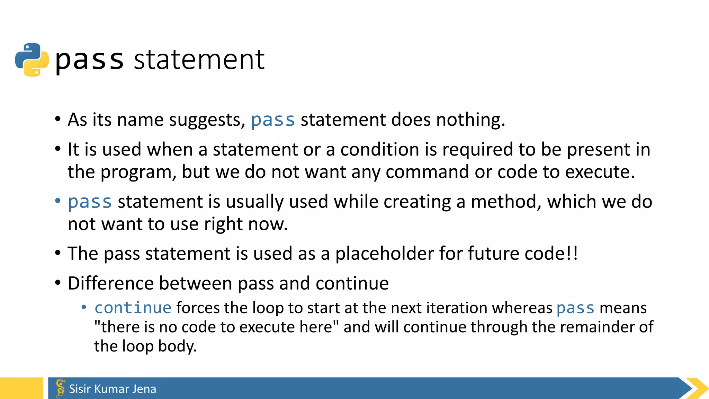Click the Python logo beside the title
tap(32, 60)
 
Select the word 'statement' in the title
tap(199, 60)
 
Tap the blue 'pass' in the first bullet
tap(273, 120)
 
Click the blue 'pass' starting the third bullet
tap(90, 202)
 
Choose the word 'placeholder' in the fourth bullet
tap(384, 254)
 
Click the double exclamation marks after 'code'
tap(572, 254)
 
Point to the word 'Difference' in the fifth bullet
tap(110, 283)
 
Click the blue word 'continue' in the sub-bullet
tap(133, 308)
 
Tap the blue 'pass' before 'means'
tap(575, 308)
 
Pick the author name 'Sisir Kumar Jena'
tap(113, 389)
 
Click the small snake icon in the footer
tap(60, 388)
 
